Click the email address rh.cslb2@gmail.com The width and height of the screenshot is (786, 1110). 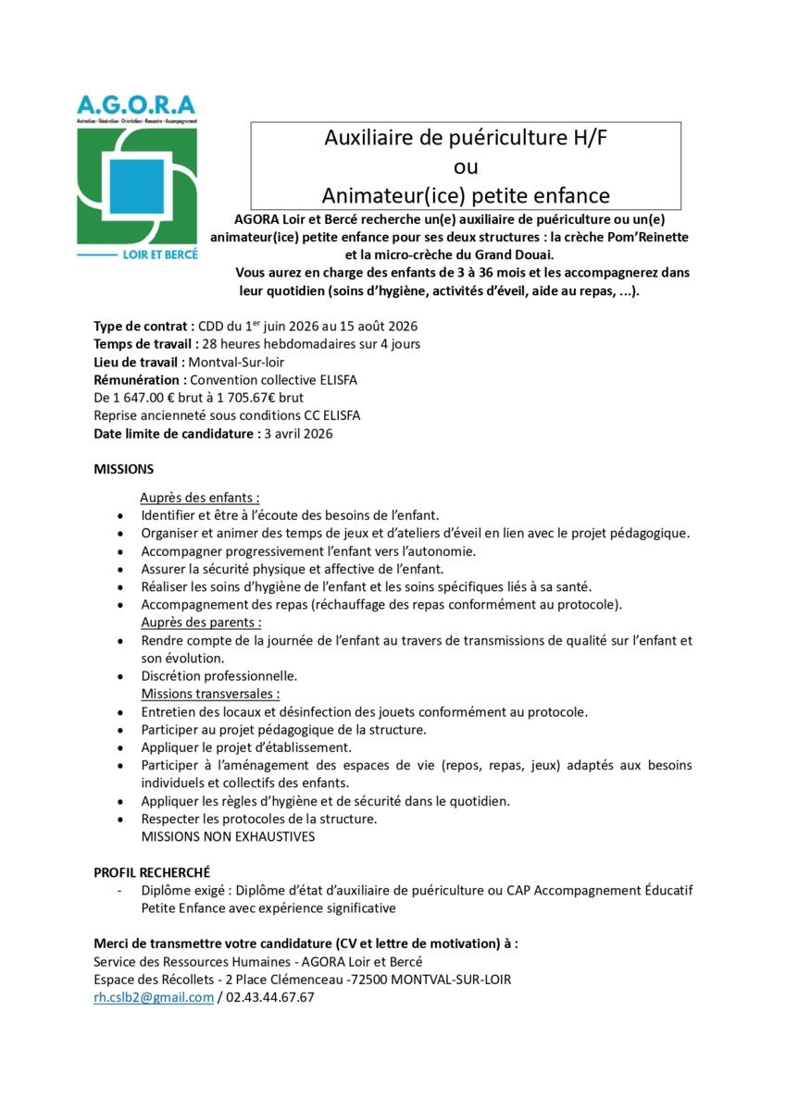click(154, 997)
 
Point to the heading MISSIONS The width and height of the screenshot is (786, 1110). click(124, 470)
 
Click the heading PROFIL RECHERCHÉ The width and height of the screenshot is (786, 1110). click(152, 872)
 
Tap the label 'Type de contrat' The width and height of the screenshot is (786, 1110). click(143, 327)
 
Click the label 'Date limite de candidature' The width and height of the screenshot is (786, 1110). click(173, 433)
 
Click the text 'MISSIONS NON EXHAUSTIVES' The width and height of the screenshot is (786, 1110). click(228, 836)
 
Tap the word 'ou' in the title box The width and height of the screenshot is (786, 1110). click(466, 167)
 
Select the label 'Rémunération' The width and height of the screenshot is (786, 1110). click(137, 379)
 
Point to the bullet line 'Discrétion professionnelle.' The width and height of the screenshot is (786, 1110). click(219, 676)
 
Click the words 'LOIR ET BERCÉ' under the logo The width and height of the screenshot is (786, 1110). click(162, 253)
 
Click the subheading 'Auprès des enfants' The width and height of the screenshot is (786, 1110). click(200, 497)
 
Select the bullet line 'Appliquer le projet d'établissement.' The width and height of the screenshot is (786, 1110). click(246, 747)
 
